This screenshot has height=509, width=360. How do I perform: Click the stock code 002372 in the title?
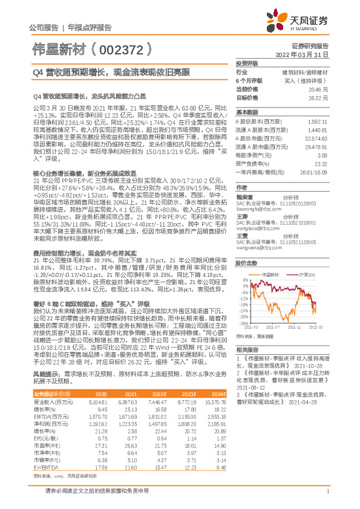pyautogui.click(x=125, y=46)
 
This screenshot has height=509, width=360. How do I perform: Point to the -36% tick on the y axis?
pyautogui.click(x=244, y=323)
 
